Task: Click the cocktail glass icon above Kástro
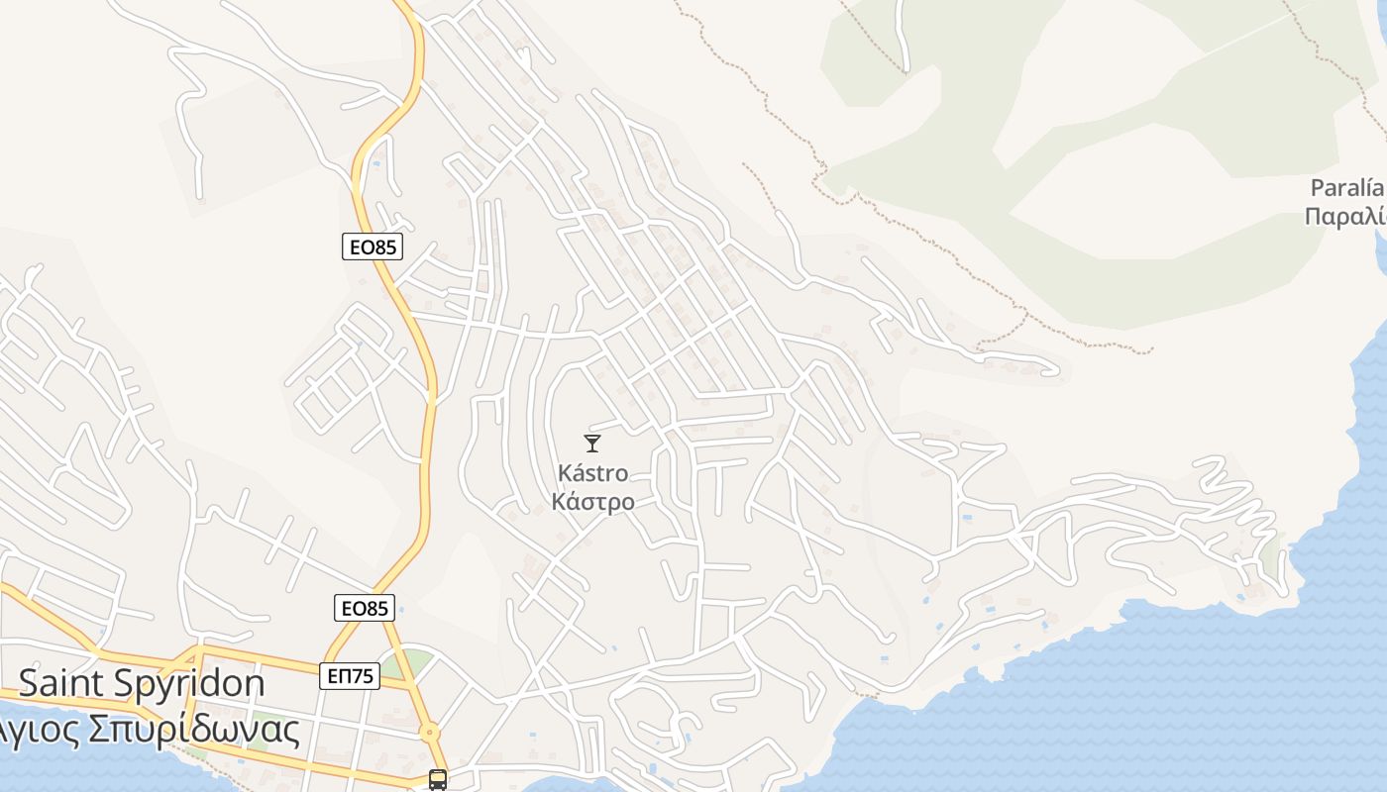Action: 592,443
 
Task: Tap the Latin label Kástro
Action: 592,473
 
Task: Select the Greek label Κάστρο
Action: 592,502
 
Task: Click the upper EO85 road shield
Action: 373,247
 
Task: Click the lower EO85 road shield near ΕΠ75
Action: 365,608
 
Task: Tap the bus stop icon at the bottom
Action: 438,779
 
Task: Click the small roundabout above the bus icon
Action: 429,734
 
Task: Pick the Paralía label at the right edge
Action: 1345,188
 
